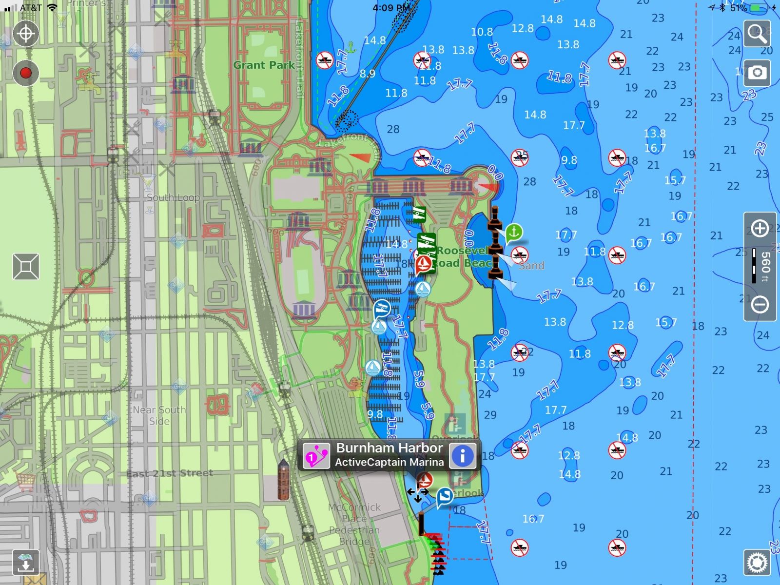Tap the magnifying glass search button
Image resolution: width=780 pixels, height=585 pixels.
click(x=757, y=34)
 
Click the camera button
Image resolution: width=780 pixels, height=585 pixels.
click(x=757, y=73)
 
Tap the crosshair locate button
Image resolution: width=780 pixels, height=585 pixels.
click(x=25, y=34)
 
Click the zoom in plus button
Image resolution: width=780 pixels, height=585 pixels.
click(x=760, y=228)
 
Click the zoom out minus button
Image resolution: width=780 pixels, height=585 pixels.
click(x=760, y=304)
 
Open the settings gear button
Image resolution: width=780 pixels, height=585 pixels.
click(x=757, y=562)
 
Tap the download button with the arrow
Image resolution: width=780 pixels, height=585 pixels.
click(x=26, y=562)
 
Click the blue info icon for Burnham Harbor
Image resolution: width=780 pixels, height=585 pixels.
click(x=462, y=455)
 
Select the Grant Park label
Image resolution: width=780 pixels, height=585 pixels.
click(x=264, y=65)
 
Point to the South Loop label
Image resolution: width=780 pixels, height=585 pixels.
click(x=173, y=197)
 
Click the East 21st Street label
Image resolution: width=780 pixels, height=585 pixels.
click(x=170, y=473)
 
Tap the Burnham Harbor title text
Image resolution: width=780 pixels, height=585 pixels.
click(x=389, y=448)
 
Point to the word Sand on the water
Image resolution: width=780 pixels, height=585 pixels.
click(x=531, y=266)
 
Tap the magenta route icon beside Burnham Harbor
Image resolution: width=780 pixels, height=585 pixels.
click(x=316, y=455)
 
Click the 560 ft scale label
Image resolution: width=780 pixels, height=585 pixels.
click(x=765, y=266)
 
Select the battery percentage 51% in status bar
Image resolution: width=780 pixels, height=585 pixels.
click(x=739, y=8)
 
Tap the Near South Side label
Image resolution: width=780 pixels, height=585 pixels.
click(x=159, y=415)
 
